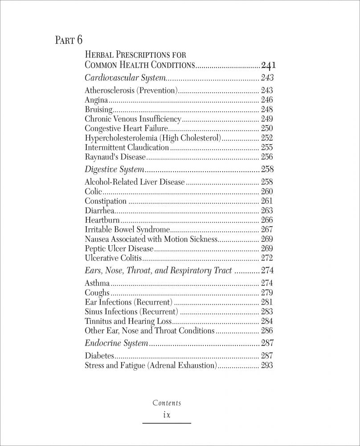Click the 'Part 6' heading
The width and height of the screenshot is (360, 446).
pyautogui.click(x=69, y=40)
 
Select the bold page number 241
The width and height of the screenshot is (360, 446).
pyautogui.click(x=269, y=65)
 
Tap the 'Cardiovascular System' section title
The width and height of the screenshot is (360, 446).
pyautogui.click(x=125, y=78)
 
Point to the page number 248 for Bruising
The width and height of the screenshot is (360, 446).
pyautogui.click(x=267, y=109)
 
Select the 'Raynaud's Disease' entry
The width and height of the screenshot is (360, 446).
pyautogui.click(x=115, y=157)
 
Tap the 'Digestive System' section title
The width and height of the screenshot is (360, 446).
pyautogui.click(x=115, y=169)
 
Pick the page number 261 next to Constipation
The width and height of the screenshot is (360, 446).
pyautogui.click(x=267, y=201)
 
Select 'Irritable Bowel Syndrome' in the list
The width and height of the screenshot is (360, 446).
pyautogui.click(x=127, y=229)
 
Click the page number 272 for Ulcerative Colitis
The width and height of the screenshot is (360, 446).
pyautogui.click(x=267, y=258)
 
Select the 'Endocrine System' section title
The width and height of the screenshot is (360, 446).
pyautogui.click(x=116, y=343)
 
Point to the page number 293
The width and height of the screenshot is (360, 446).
pyautogui.click(x=267, y=366)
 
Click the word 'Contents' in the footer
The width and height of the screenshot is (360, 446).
pyautogui.click(x=167, y=403)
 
